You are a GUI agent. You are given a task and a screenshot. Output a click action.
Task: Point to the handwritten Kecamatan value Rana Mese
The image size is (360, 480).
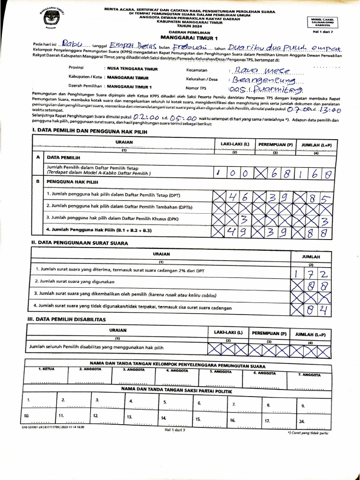pos(259,71)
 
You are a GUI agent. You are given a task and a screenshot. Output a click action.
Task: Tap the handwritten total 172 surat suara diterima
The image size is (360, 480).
pos(315,272)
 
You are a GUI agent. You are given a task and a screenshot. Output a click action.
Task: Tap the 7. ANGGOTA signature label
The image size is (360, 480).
pos(310,375)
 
